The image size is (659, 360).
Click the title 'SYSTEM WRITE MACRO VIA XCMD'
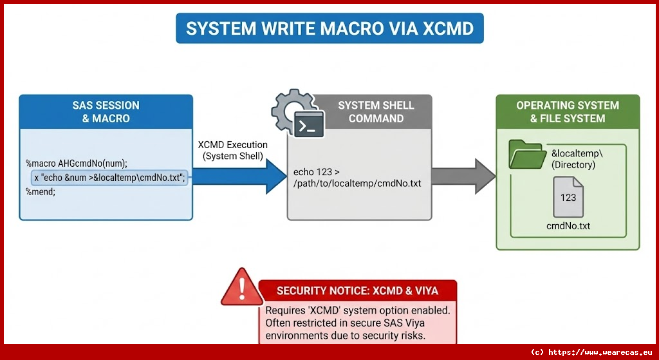tap(329, 29)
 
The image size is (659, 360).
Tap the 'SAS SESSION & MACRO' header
tap(106, 111)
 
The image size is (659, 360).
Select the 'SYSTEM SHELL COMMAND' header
tap(376, 111)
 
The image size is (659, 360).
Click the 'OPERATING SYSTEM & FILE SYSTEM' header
tap(568, 111)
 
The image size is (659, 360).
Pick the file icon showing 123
tap(568, 197)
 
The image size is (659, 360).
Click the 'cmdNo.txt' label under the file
tap(568, 226)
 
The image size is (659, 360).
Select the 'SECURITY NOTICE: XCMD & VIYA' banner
tap(357, 290)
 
